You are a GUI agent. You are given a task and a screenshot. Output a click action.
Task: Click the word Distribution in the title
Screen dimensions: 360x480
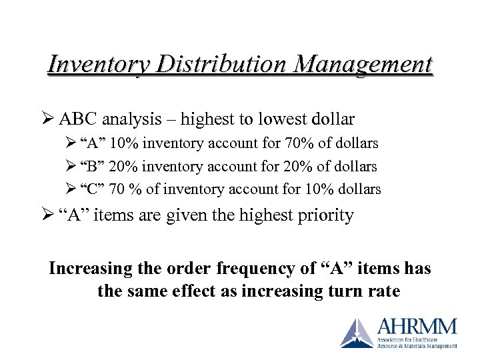(214, 65)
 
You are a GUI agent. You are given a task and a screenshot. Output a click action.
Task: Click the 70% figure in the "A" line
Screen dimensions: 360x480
(300, 143)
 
